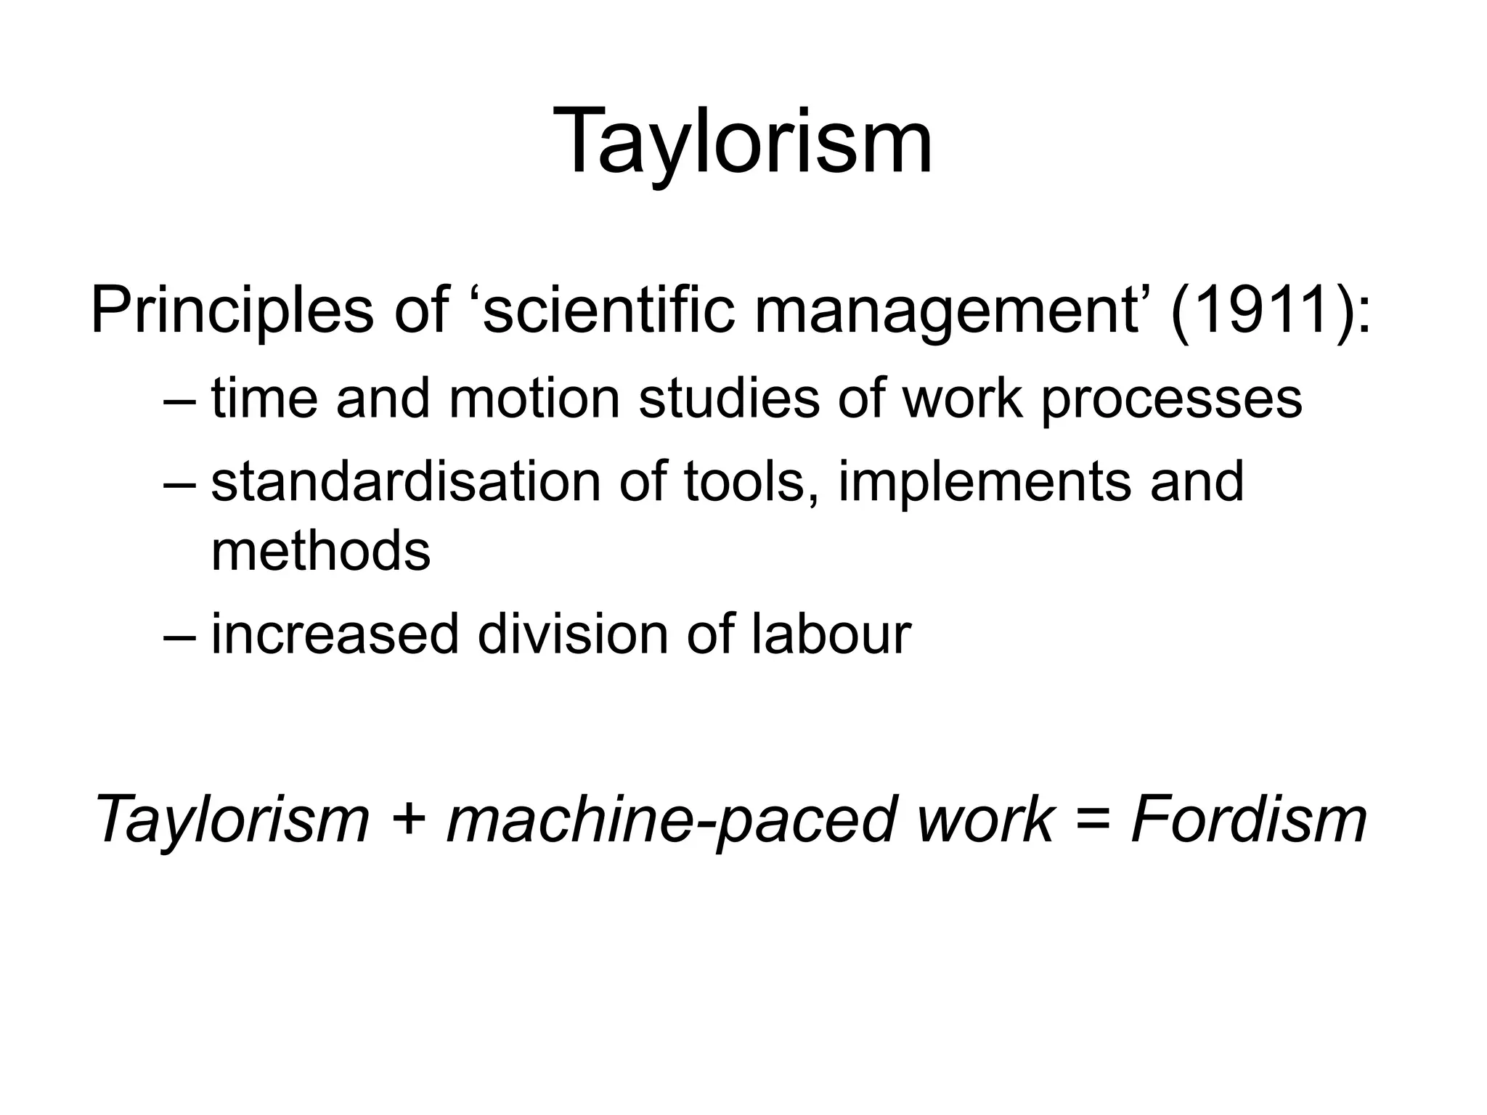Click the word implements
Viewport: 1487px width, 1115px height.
pos(984,483)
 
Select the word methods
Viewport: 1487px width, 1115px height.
pos(320,551)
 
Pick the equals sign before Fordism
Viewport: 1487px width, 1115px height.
pos(1092,820)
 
